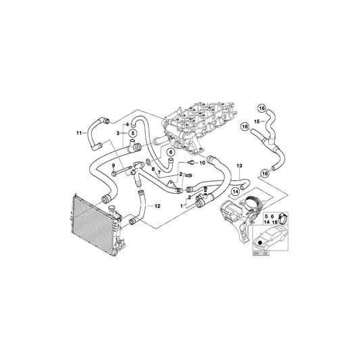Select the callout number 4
tap(126, 124)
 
